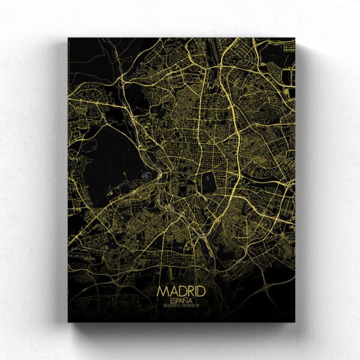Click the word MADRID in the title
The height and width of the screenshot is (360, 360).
point(181,291)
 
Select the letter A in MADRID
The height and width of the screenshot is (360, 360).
point(170,291)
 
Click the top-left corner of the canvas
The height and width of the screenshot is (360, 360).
point(68,38)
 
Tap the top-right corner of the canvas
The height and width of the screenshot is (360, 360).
point(295,38)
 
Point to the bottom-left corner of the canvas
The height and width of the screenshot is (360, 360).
point(68,322)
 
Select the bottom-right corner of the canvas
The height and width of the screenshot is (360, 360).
point(295,322)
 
